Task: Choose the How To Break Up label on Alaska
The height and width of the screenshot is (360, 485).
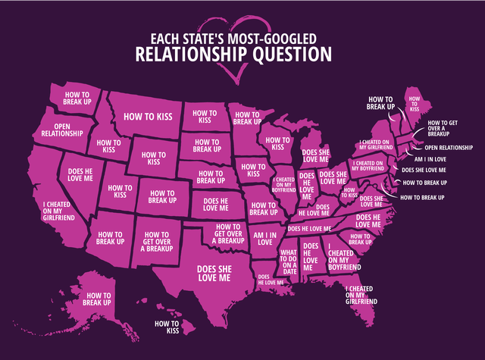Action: [97, 299]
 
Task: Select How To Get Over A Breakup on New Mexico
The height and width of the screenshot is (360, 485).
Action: [160, 243]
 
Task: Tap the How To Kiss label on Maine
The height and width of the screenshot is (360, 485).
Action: [415, 104]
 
